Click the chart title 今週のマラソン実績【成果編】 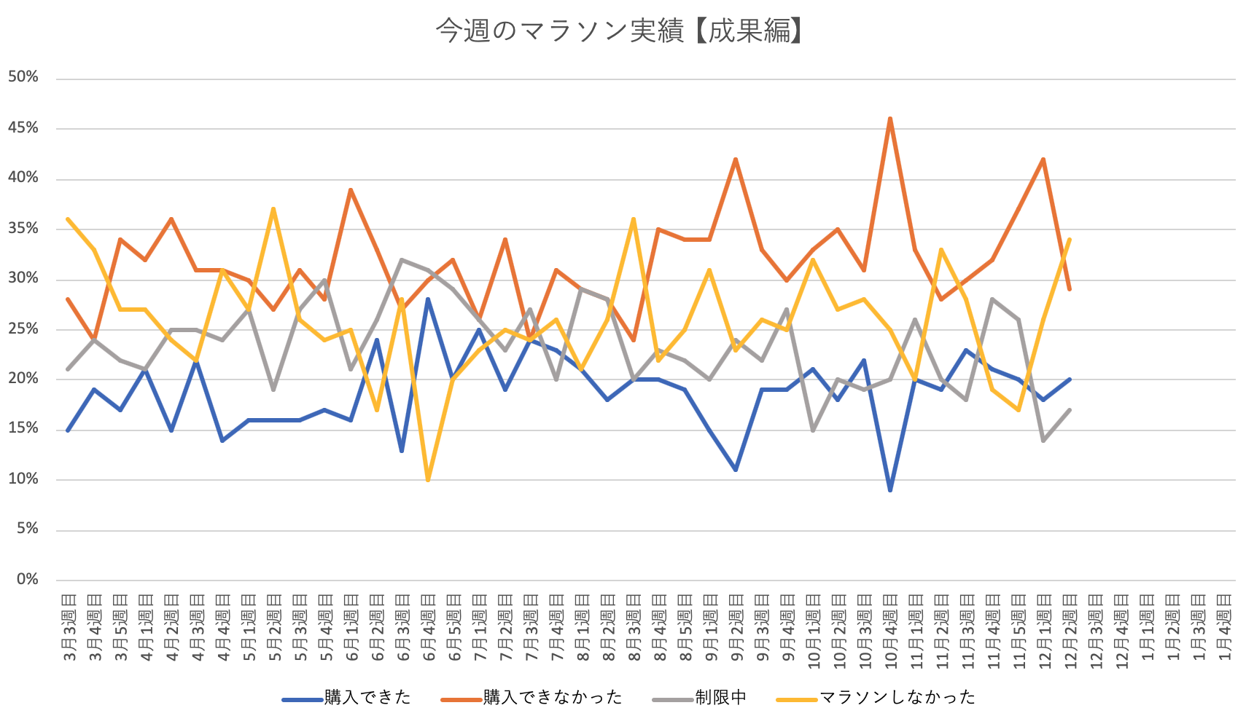pyautogui.click(x=619, y=31)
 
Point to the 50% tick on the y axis pyautogui.click(x=23, y=77)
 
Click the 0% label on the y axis pyautogui.click(x=27, y=580)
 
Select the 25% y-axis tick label pyautogui.click(x=23, y=328)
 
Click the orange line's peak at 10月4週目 pyautogui.click(x=890, y=119)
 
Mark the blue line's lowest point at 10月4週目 pyautogui.click(x=890, y=490)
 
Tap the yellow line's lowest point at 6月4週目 pyautogui.click(x=428, y=480)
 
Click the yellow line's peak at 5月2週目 pyautogui.click(x=273, y=209)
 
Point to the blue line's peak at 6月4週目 pyautogui.click(x=428, y=299)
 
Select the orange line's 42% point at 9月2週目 pyautogui.click(x=736, y=159)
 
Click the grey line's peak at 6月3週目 pyautogui.click(x=402, y=259)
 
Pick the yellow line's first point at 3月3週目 pyautogui.click(x=68, y=219)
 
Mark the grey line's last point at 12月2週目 pyautogui.click(x=1070, y=410)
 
